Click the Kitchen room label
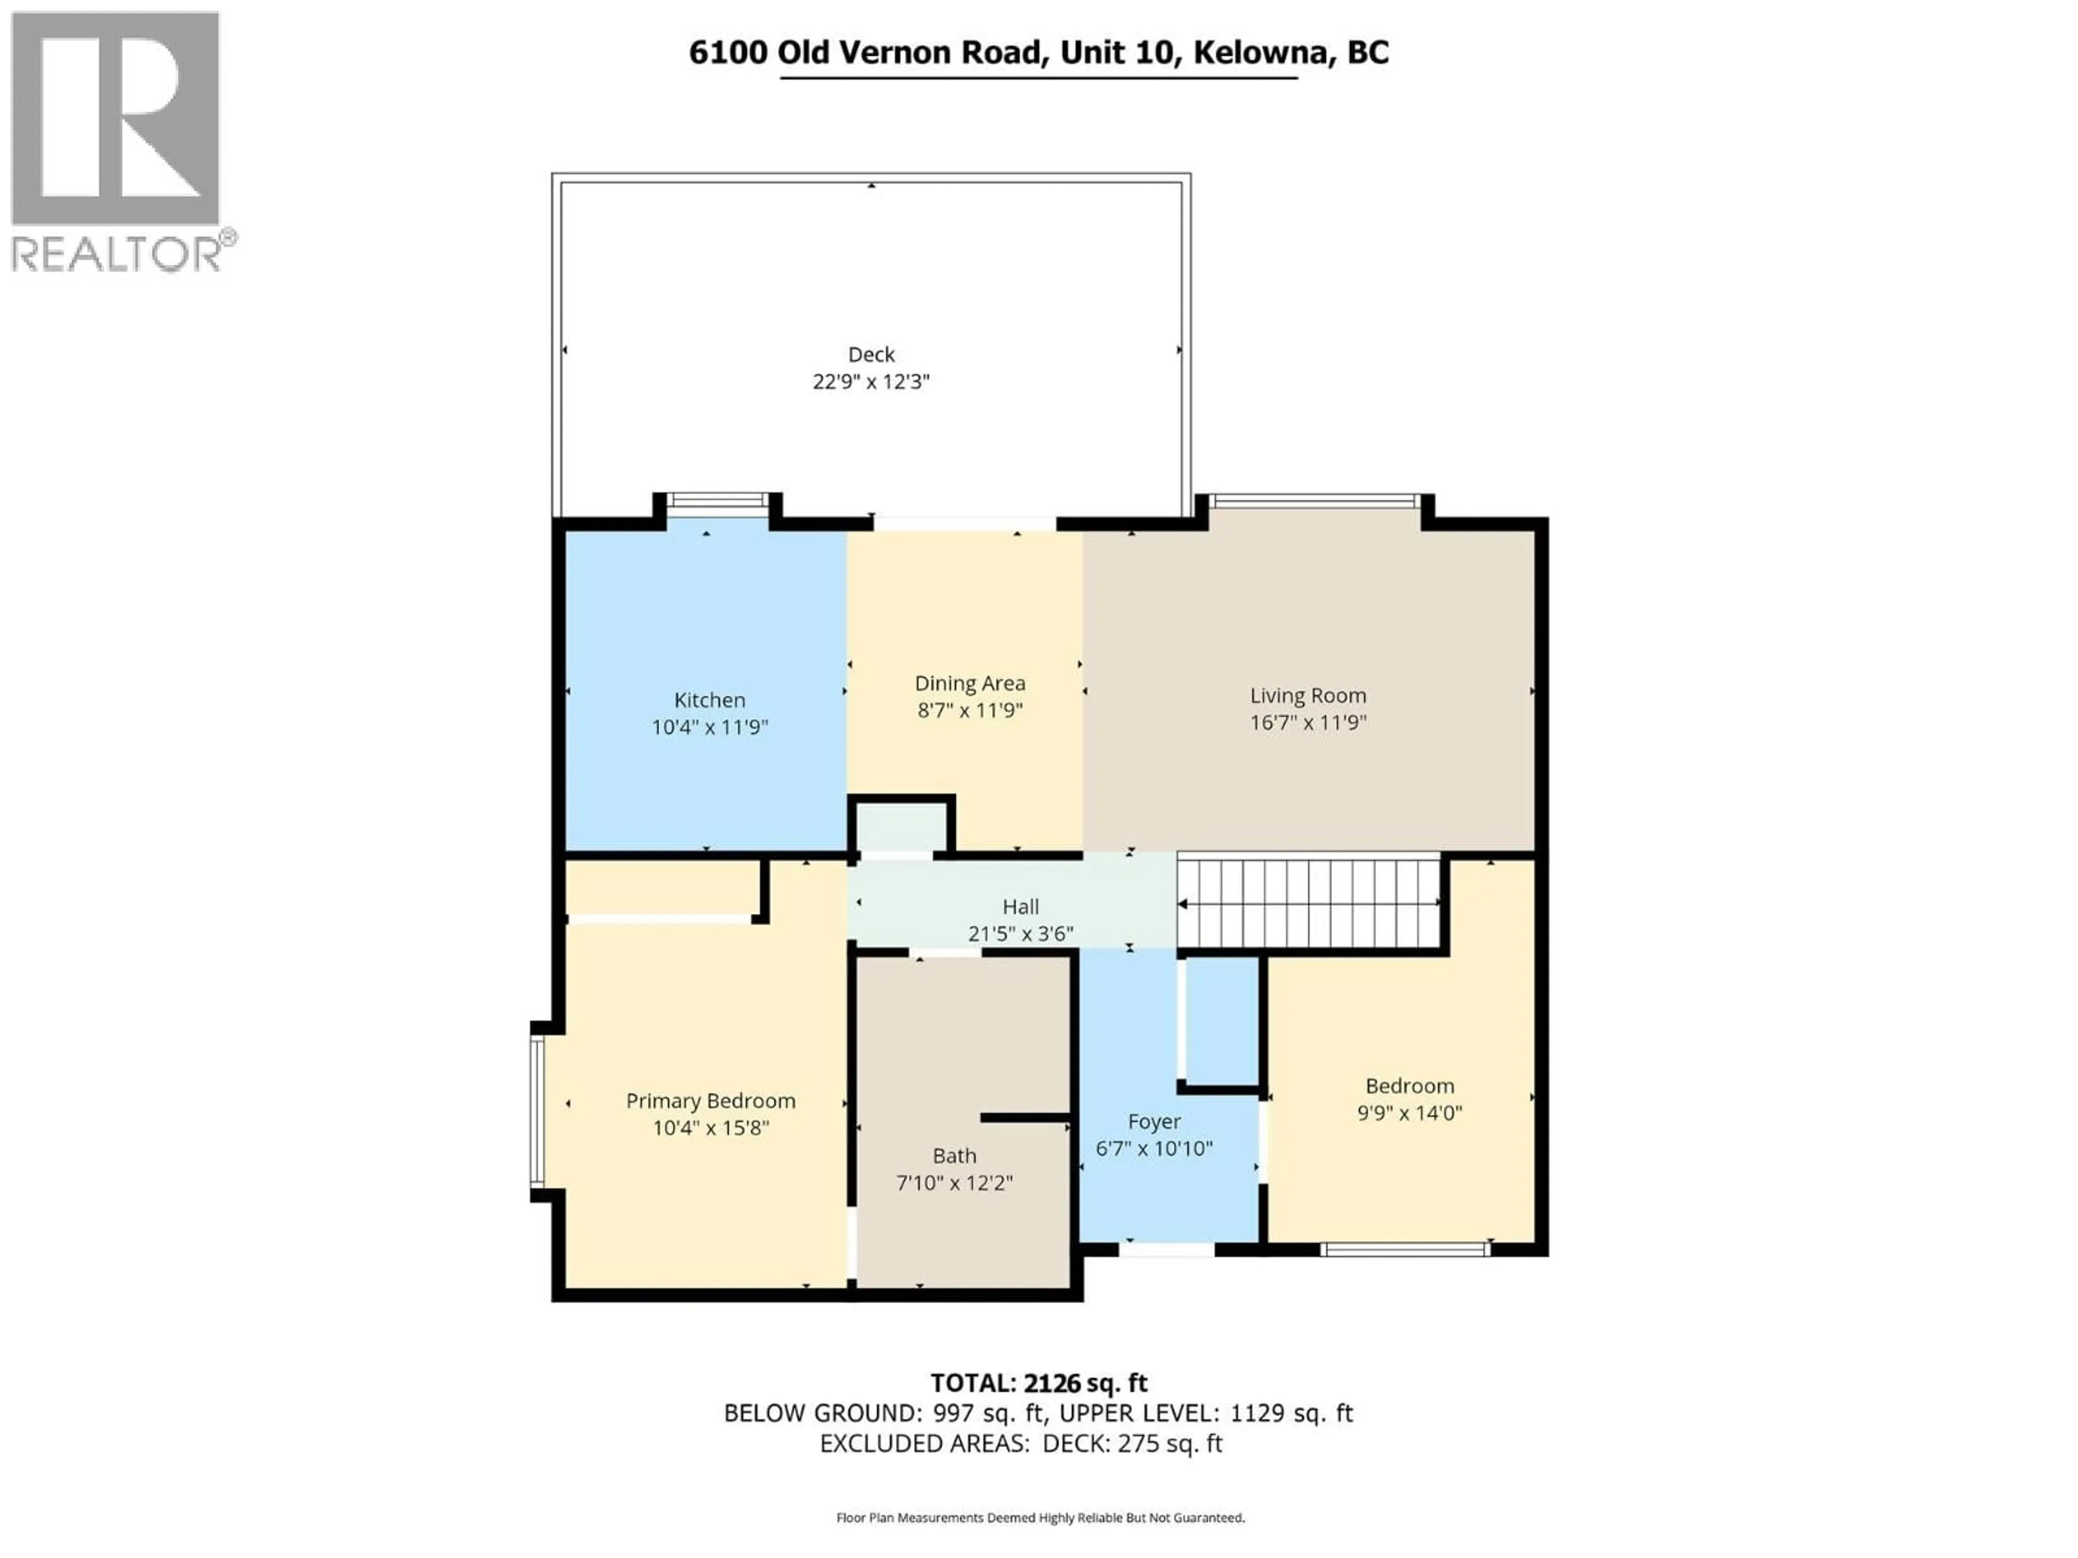click(x=709, y=699)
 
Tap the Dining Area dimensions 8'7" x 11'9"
click(x=970, y=710)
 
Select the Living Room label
click(x=1307, y=695)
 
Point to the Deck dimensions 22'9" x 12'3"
click(x=870, y=381)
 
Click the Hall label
click(x=1020, y=906)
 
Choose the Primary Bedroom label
click(x=710, y=1101)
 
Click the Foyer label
click(x=1154, y=1121)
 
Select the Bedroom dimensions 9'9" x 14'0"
click(x=1409, y=1113)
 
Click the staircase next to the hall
click(x=1308, y=902)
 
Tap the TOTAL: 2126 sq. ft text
click(x=1038, y=1382)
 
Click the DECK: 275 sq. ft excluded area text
click(x=1132, y=1443)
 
